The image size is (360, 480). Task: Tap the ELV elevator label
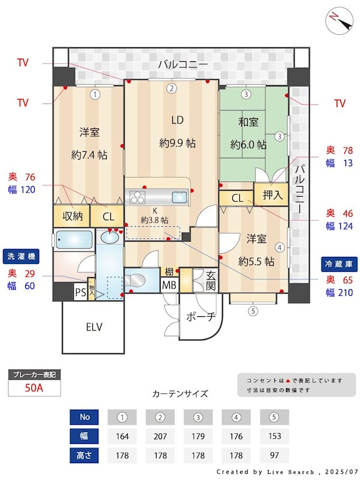pyautogui.click(x=94, y=327)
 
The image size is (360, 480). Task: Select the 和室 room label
pyautogui.click(x=248, y=122)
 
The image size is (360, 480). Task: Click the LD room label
pyautogui.click(x=177, y=120)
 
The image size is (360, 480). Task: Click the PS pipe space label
pyautogui.click(x=80, y=292)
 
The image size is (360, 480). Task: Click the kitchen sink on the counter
pyautogui.click(x=180, y=197)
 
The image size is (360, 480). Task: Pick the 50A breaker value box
pyautogui.click(x=34, y=388)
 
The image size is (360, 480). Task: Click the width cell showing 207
pyautogui.click(x=160, y=436)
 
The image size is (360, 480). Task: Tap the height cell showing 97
pyautogui.click(x=275, y=455)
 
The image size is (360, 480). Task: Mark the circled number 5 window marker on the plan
pyautogui.click(x=253, y=311)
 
